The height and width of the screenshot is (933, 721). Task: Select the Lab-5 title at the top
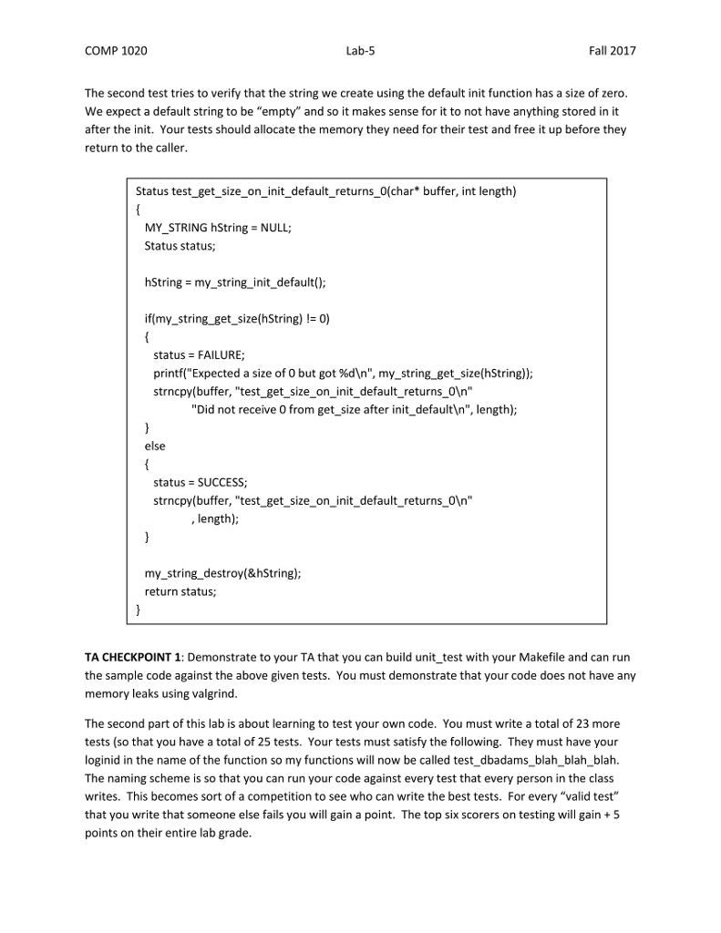tap(360, 51)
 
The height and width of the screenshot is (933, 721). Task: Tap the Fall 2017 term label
tap(613, 51)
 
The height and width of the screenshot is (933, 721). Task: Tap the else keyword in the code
tap(155, 446)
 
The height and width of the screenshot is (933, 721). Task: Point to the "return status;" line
tap(180, 591)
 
